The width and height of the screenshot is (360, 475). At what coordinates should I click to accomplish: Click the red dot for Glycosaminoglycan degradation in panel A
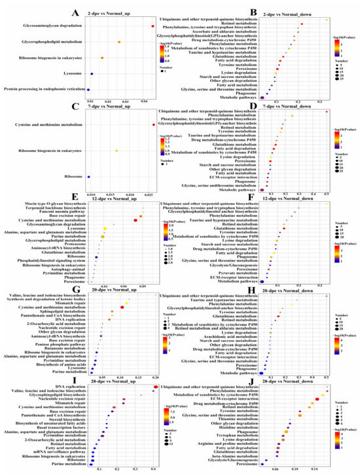[153, 26]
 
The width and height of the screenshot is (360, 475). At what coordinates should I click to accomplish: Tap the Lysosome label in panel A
[53, 73]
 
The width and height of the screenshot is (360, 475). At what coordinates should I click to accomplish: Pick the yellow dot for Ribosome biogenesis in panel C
[117, 151]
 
